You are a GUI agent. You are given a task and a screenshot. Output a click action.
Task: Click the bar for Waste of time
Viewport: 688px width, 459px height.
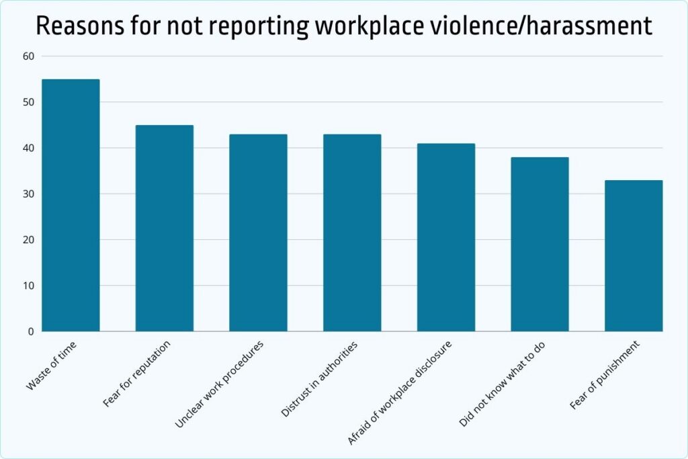click(71, 205)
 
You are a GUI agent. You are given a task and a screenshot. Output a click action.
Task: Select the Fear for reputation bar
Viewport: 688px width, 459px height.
click(165, 228)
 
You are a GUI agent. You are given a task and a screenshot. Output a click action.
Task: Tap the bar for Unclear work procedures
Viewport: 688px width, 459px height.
click(258, 233)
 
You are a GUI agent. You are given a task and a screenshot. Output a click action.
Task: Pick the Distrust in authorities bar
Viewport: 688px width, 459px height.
click(352, 233)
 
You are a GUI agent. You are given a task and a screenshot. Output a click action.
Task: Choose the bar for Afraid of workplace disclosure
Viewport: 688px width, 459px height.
click(446, 237)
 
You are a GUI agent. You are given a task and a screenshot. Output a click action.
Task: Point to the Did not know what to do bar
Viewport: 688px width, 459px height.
click(540, 244)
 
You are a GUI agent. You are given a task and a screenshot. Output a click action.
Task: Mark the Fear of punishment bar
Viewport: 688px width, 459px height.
click(634, 255)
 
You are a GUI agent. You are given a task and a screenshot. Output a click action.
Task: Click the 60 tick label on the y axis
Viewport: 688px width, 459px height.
click(28, 56)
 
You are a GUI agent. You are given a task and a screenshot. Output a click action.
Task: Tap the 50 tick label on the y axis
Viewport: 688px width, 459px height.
click(28, 102)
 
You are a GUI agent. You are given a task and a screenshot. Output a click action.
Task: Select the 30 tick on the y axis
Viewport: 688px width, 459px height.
click(28, 194)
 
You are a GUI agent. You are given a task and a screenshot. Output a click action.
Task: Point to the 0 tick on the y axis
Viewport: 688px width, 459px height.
click(31, 331)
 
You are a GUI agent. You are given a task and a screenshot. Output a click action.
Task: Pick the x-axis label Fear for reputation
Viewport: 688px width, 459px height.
click(137, 374)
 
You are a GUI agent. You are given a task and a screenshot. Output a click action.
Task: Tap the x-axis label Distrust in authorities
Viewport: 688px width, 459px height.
click(320, 378)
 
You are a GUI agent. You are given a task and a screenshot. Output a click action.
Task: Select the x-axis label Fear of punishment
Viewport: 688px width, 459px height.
click(605, 374)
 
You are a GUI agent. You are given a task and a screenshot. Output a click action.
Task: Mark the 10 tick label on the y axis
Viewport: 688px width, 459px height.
click(28, 286)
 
